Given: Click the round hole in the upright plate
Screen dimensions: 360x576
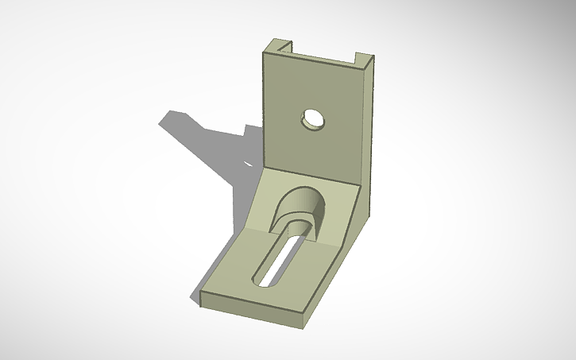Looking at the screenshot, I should (312, 120).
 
